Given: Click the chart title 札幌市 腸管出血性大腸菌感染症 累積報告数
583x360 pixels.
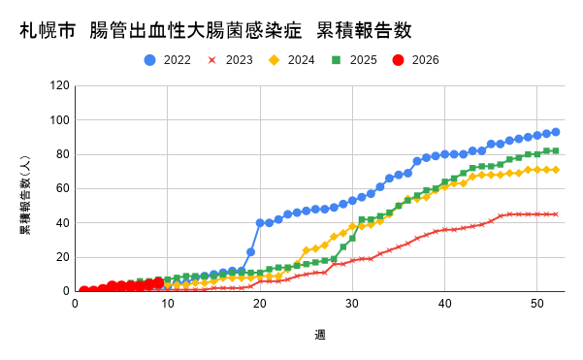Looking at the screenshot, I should (x=215, y=30).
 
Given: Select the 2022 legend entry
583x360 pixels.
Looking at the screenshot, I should (x=170, y=60).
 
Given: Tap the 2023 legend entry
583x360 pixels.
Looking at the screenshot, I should (x=231, y=60).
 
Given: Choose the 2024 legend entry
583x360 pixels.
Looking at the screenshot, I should (x=293, y=60).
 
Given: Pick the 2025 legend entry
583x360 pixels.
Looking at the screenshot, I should (x=354, y=60).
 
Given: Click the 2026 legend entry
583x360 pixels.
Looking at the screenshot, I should (x=415, y=60).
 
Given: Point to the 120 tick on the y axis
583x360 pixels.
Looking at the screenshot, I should (x=59, y=85).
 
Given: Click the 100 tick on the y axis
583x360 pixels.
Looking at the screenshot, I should (x=59, y=120).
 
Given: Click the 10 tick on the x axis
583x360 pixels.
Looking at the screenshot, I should (x=168, y=304).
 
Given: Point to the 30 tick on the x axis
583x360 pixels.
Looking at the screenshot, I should (x=352, y=304).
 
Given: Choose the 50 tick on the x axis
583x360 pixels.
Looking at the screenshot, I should (x=536, y=304).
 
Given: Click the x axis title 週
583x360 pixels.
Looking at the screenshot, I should (x=319, y=335).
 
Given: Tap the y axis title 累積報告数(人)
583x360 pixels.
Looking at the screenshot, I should (x=25, y=188).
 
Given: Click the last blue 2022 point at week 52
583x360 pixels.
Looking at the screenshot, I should (x=555, y=132).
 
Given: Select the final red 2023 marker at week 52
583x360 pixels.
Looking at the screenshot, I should (x=555, y=214).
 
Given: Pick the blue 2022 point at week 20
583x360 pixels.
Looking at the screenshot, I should (x=260, y=223).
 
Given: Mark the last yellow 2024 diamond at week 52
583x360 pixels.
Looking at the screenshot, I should (x=555, y=170).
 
